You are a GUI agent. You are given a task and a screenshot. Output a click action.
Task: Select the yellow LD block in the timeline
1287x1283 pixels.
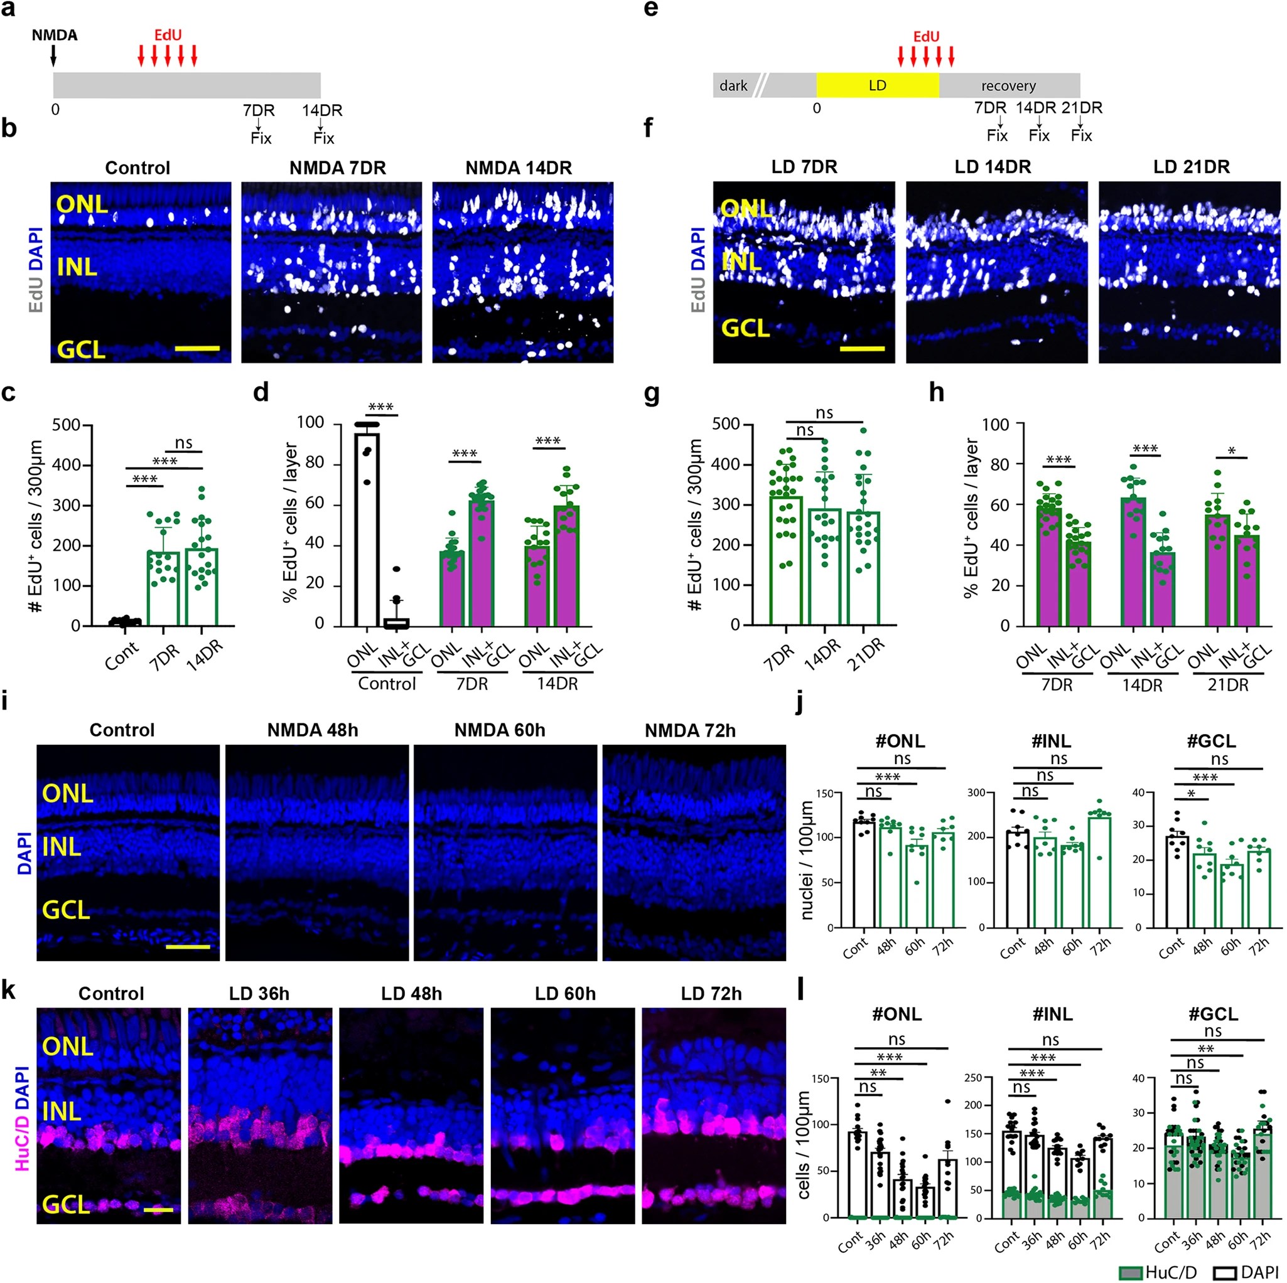point(877,85)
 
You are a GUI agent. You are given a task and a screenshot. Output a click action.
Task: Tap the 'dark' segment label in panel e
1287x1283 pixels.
point(733,85)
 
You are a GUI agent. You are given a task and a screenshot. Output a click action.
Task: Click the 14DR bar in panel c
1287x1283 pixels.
point(202,586)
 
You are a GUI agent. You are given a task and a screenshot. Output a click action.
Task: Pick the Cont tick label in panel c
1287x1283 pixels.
point(121,655)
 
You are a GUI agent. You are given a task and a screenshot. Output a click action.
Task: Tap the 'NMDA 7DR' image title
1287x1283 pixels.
point(337,168)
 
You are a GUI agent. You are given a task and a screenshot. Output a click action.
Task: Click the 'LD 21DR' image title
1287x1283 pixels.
point(1191,166)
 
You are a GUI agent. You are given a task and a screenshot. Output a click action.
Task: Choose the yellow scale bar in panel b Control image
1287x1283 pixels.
point(197,348)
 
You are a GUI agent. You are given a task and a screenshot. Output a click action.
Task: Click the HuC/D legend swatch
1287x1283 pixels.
point(1131,1272)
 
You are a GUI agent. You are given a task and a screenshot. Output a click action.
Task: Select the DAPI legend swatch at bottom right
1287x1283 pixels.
point(1224,1272)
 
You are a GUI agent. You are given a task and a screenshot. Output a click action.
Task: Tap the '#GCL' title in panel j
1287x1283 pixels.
point(1211,740)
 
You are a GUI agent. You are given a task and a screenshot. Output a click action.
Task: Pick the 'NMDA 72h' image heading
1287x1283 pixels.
point(690,730)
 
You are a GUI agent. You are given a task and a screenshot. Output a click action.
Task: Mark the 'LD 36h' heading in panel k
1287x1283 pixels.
point(259,993)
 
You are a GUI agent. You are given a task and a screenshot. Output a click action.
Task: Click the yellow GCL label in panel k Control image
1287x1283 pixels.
point(66,1204)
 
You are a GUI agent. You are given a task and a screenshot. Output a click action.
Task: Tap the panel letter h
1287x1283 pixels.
point(937,393)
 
